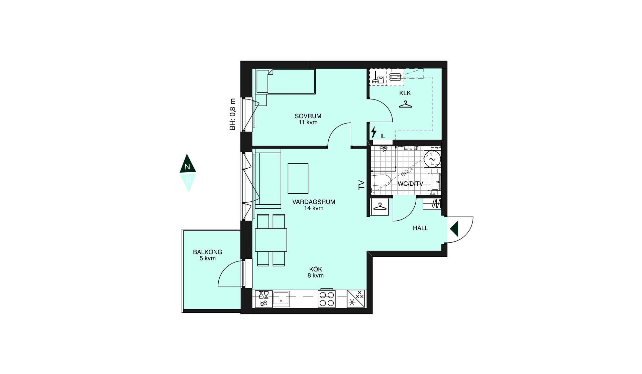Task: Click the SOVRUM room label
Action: (x=308, y=116)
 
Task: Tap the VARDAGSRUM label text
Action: (x=314, y=202)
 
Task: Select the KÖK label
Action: (x=316, y=269)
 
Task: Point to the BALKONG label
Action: (x=208, y=252)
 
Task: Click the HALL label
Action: (x=420, y=228)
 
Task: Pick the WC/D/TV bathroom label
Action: (x=410, y=184)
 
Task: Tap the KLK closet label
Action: (x=405, y=93)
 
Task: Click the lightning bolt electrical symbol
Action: (x=374, y=132)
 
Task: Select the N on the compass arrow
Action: (x=188, y=167)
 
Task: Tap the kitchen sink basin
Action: (x=281, y=298)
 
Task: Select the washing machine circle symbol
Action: (x=432, y=159)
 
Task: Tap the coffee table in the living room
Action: (x=298, y=178)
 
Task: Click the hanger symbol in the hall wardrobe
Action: (x=380, y=207)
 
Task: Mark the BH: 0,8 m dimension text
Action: (x=233, y=114)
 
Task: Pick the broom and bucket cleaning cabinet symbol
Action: (x=378, y=77)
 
